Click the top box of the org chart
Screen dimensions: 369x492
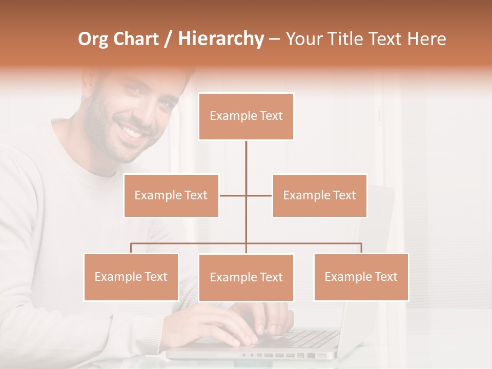(x=246, y=116)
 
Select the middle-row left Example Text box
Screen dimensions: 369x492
(x=171, y=195)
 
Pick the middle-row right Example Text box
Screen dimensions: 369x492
(x=319, y=195)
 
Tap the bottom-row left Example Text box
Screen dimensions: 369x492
(x=131, y=277)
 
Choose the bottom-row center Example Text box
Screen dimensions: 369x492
(x=246, y=277)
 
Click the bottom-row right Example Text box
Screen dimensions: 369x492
(x=361, y=277)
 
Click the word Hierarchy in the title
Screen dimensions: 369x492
(x=220, y=38)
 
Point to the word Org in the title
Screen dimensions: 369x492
(x=93, y=39)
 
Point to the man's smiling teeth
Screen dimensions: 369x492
(x=133, y=132)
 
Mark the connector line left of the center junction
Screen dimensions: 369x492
(x=233, y=195)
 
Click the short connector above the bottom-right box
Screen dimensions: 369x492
(x=361, y=248)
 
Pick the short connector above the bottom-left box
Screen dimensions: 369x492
(x=131, y=248)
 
